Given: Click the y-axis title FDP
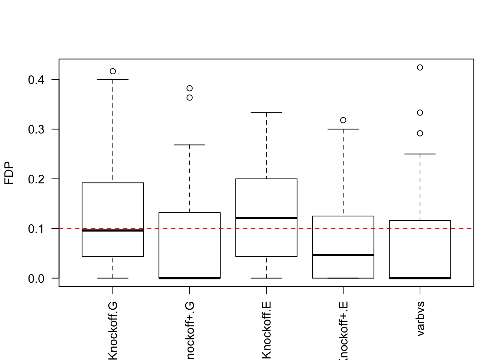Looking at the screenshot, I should pos(9,173).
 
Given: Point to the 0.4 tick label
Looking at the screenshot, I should pos(36,80).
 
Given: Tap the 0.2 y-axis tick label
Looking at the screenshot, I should pos(36,179).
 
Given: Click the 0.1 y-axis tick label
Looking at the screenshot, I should pos(36,228).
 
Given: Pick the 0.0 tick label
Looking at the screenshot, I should pos(36,278).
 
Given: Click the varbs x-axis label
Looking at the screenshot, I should pos(420,318).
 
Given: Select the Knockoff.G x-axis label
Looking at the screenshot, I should pos(113,330).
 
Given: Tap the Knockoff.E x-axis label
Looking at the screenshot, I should pos(266,330).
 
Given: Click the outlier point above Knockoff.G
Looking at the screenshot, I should pos(113,71).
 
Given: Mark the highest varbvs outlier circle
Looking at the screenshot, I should pos(420,67).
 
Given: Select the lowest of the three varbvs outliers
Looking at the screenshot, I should pos(420,133).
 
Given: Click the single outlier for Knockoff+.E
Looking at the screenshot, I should pos(343,120).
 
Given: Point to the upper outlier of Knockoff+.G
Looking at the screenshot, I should pos(190,88).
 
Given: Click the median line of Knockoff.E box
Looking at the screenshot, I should pos(266,218).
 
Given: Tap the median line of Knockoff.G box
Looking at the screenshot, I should pos(113,231).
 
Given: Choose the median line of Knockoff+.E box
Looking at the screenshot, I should pos(343,255).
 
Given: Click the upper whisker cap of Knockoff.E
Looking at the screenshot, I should pos(266,112).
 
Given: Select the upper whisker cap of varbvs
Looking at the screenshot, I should pos(420,154).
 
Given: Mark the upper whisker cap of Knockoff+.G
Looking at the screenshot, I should pos(190,145).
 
